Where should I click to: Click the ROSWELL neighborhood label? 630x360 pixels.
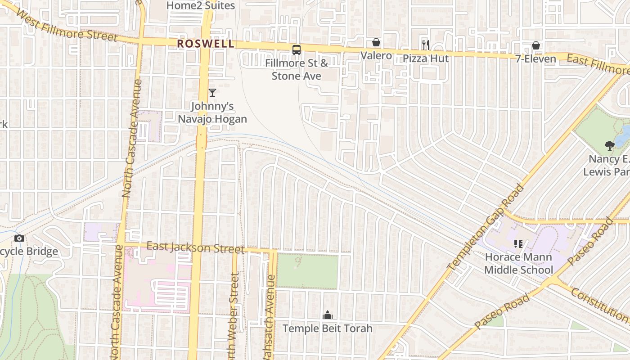pyautogui.click(x=206, y=44)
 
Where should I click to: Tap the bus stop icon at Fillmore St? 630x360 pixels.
pyautogui.click(x=296, y=50)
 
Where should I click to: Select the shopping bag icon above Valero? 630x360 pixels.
pyautogui.click(x=376, y=43)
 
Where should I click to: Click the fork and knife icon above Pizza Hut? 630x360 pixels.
pyautogui.click(x=425, y=45)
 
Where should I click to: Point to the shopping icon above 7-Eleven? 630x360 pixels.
pyautogui.click(x=536, y=45)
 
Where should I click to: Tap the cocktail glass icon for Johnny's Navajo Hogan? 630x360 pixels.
pyautogui.click(x=212, y=93)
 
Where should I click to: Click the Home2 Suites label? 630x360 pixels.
pyautogui.click(x=200, y=5)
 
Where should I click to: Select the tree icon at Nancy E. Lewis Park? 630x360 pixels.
pyautogui.click(x=610, y=145)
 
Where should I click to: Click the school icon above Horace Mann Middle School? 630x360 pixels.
pyautogui.click(x=518, y=244)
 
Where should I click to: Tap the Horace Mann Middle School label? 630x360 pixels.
pyautogui.click(x=518, y=264)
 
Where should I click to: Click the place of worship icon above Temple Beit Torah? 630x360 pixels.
pyautogui.click(x=327, y=315)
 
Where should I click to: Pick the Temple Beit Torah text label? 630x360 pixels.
pyautogui.click(x=327, y=328)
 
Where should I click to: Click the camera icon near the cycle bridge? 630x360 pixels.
pyautogui.click(x=19, y=238)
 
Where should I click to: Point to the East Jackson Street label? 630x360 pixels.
pyautogui.click(x=196, y=247)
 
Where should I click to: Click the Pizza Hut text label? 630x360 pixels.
pyautogui.click(x=425, y=58)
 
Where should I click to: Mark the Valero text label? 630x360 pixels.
pyautogui.click(x=376, y=56)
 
